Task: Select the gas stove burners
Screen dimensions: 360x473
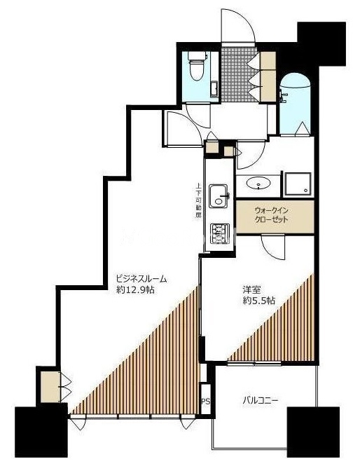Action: tap(219, 234)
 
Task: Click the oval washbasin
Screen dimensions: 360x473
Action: tap(258, 183)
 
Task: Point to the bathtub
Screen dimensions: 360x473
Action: tap(294, 104)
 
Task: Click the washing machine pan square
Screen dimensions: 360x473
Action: tap(298, 184)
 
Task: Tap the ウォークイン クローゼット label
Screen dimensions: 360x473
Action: tap(272, 215)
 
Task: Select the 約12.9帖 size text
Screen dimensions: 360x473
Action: tap(136, 290)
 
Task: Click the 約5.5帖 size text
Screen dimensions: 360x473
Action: tap(259, 301)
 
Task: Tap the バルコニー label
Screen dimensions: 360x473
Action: tap(261, 401)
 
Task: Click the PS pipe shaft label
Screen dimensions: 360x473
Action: tap(206, 402)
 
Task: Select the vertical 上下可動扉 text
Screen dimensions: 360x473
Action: tap(198, 200)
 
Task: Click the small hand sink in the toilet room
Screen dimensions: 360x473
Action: tap(214, 89)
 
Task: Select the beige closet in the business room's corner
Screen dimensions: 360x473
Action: tap(50, 387)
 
